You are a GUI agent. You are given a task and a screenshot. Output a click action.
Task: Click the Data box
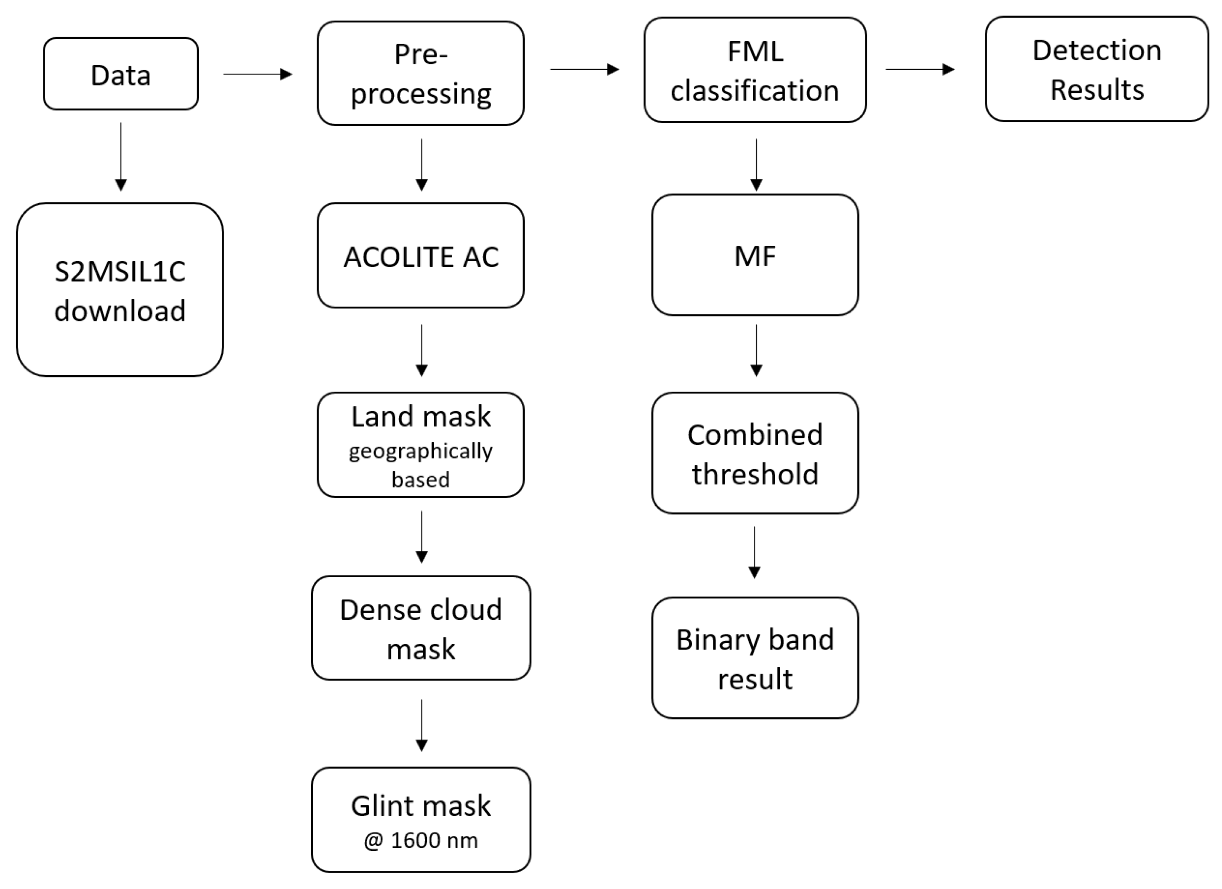click(x=121, y=74)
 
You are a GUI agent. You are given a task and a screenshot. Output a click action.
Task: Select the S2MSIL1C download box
click(x=120, y=290)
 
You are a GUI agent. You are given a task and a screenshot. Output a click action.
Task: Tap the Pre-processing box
click(x=420, y=73)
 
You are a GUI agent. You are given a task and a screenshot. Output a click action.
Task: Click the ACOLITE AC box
click(x=420, y=256)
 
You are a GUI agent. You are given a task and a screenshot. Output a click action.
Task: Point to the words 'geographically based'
click(x=420, y=464)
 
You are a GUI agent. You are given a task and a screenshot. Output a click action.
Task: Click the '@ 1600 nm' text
click(x=420, y=840)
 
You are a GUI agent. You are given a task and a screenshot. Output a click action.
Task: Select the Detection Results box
click(x=1097, y=69)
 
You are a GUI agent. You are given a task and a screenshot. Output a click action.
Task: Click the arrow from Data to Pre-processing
click(x=258, y=74)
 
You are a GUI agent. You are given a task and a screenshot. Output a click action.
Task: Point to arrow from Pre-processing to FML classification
click(x=584, y=69)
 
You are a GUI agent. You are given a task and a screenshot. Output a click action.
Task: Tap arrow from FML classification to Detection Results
click(x=920, y=69)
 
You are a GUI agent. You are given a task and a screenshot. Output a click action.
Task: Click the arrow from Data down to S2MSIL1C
click(x=121, y=156)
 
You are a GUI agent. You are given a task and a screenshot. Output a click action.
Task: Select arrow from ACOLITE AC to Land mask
click(x=422, y=350)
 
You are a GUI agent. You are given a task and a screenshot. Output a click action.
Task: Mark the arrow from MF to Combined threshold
click(x=756, y=350)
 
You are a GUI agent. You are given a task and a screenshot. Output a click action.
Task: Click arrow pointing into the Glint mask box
click(x=422, y=725)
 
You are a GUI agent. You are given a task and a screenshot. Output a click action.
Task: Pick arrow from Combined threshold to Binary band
click(x=754, y=552)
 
